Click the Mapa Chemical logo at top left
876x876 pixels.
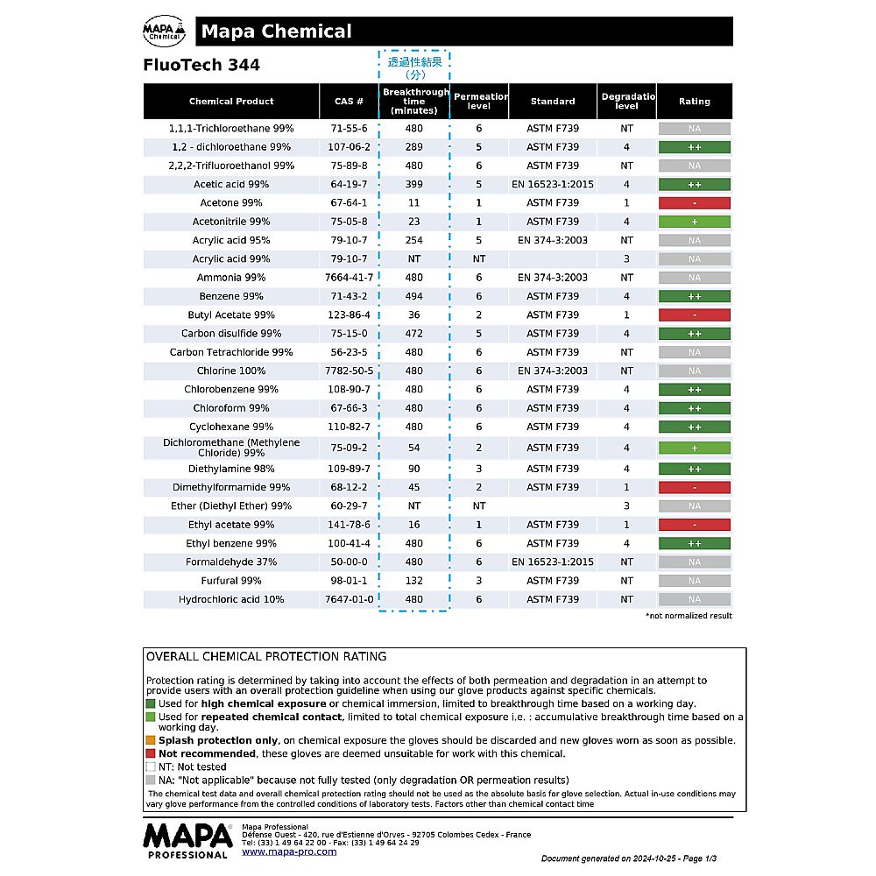[x=165, y=32]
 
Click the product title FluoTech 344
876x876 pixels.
[x=201, y=65]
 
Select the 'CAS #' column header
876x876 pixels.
[x=349, y=102]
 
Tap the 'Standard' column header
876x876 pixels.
[x=553, y=102]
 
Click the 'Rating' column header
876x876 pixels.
[x=694, y=102]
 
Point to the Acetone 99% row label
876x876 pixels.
[x=231, y=203]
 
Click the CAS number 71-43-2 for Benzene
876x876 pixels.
[x=349, y=296]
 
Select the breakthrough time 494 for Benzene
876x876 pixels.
[x=414, y=296]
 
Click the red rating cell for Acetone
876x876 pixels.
[x=694, y=203]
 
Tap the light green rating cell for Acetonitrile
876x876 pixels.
[x=694, y=222]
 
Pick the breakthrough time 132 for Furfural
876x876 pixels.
[x=414, y=581]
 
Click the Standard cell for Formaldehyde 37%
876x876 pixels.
[x=553, y=562]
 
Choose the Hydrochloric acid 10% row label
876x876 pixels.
[x=231, y=599]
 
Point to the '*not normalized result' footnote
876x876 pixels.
[x=689, y=616]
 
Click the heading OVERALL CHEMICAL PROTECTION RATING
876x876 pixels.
[x=266, y=656]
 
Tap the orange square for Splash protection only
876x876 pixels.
[x=151, y=740]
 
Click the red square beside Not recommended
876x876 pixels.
[x=151, y=753]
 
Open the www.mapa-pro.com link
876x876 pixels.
[x=289, y=851]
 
